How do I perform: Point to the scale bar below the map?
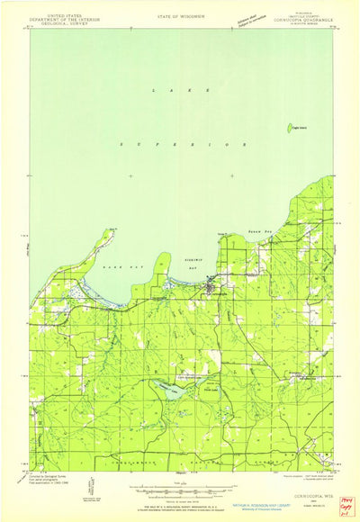180,490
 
